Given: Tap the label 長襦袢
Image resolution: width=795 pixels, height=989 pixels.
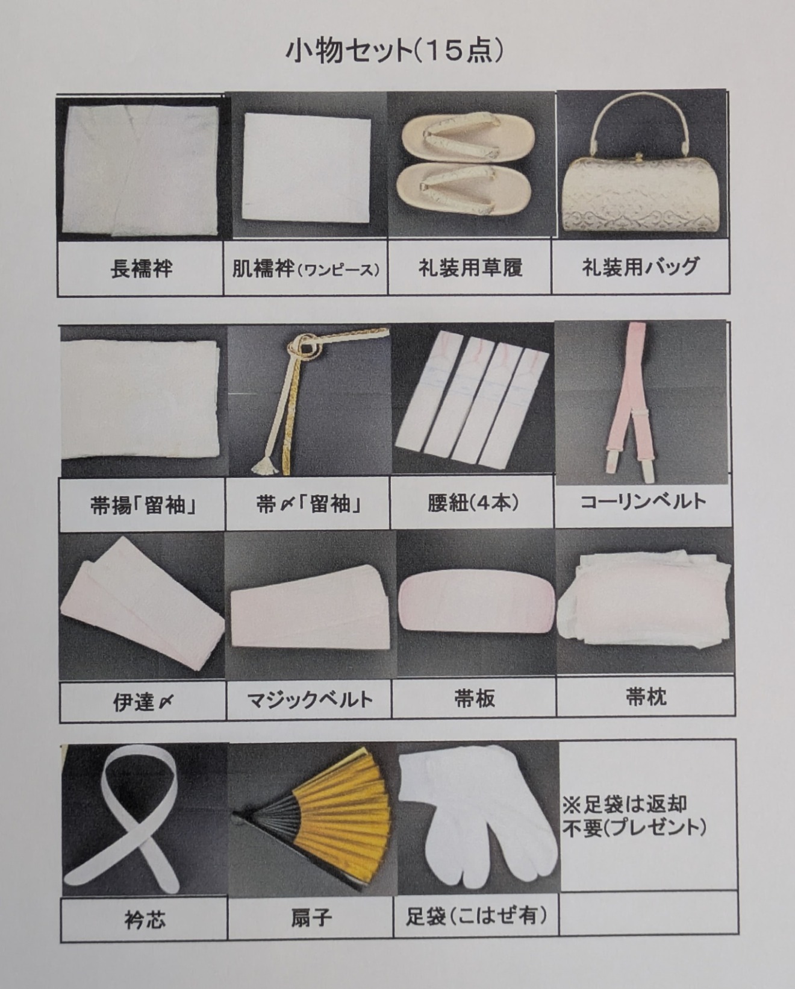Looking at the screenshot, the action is (x=142, y=269).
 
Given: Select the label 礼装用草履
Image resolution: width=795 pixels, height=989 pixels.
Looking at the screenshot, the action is (x=470, y=268).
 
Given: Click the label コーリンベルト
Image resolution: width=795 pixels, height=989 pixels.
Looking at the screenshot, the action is (x=643, y=501).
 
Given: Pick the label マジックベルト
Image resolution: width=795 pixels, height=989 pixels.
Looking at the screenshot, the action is (x=309, y=700).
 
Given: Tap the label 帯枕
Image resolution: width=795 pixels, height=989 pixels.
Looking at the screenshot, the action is (x=646, y=697).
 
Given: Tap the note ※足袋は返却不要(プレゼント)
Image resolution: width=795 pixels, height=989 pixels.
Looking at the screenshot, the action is (x=634, y=815).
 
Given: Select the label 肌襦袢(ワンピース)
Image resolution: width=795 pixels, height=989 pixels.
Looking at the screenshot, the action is (x=306, y=269).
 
